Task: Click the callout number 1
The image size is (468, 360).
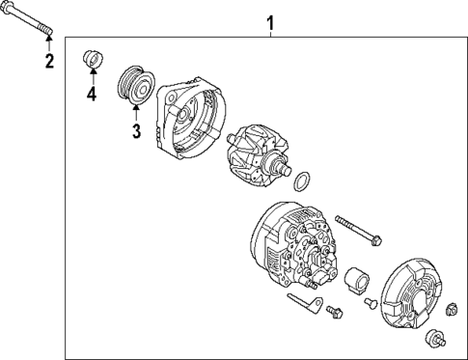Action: pos(270,20)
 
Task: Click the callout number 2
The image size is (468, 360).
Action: pos(48,63)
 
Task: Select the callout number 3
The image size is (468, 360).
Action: pos(136,130)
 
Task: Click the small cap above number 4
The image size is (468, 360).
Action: pos(92,58)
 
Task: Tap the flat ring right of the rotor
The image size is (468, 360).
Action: pos(302,181)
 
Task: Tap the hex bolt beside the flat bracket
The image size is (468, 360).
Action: pos(334,311)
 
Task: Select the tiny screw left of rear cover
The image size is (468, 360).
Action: pos(370,305)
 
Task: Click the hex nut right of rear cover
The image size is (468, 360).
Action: pos(451,309)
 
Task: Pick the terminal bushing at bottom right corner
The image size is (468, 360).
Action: pos(437,339)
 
